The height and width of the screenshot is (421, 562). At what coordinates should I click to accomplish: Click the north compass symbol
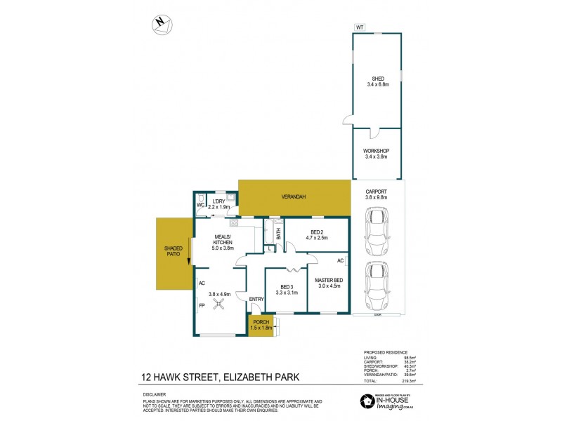[161, 25]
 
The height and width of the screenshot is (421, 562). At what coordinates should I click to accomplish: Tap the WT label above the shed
[360, 27]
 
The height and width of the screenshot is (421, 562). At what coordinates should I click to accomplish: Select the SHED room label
[377, 81]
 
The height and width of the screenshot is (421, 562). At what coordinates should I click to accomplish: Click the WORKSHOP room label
[377, 154]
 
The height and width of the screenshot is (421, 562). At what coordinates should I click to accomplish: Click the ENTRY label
[256, 300]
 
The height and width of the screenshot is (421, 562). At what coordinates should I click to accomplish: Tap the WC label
[200, 206]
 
